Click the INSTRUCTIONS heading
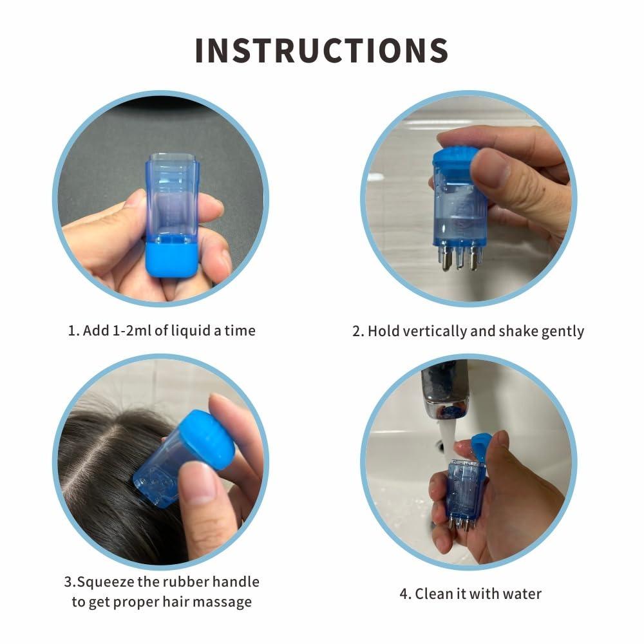321,50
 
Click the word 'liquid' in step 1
190,330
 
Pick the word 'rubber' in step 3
186,582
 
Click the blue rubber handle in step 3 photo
207,439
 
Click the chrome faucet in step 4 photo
445,389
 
